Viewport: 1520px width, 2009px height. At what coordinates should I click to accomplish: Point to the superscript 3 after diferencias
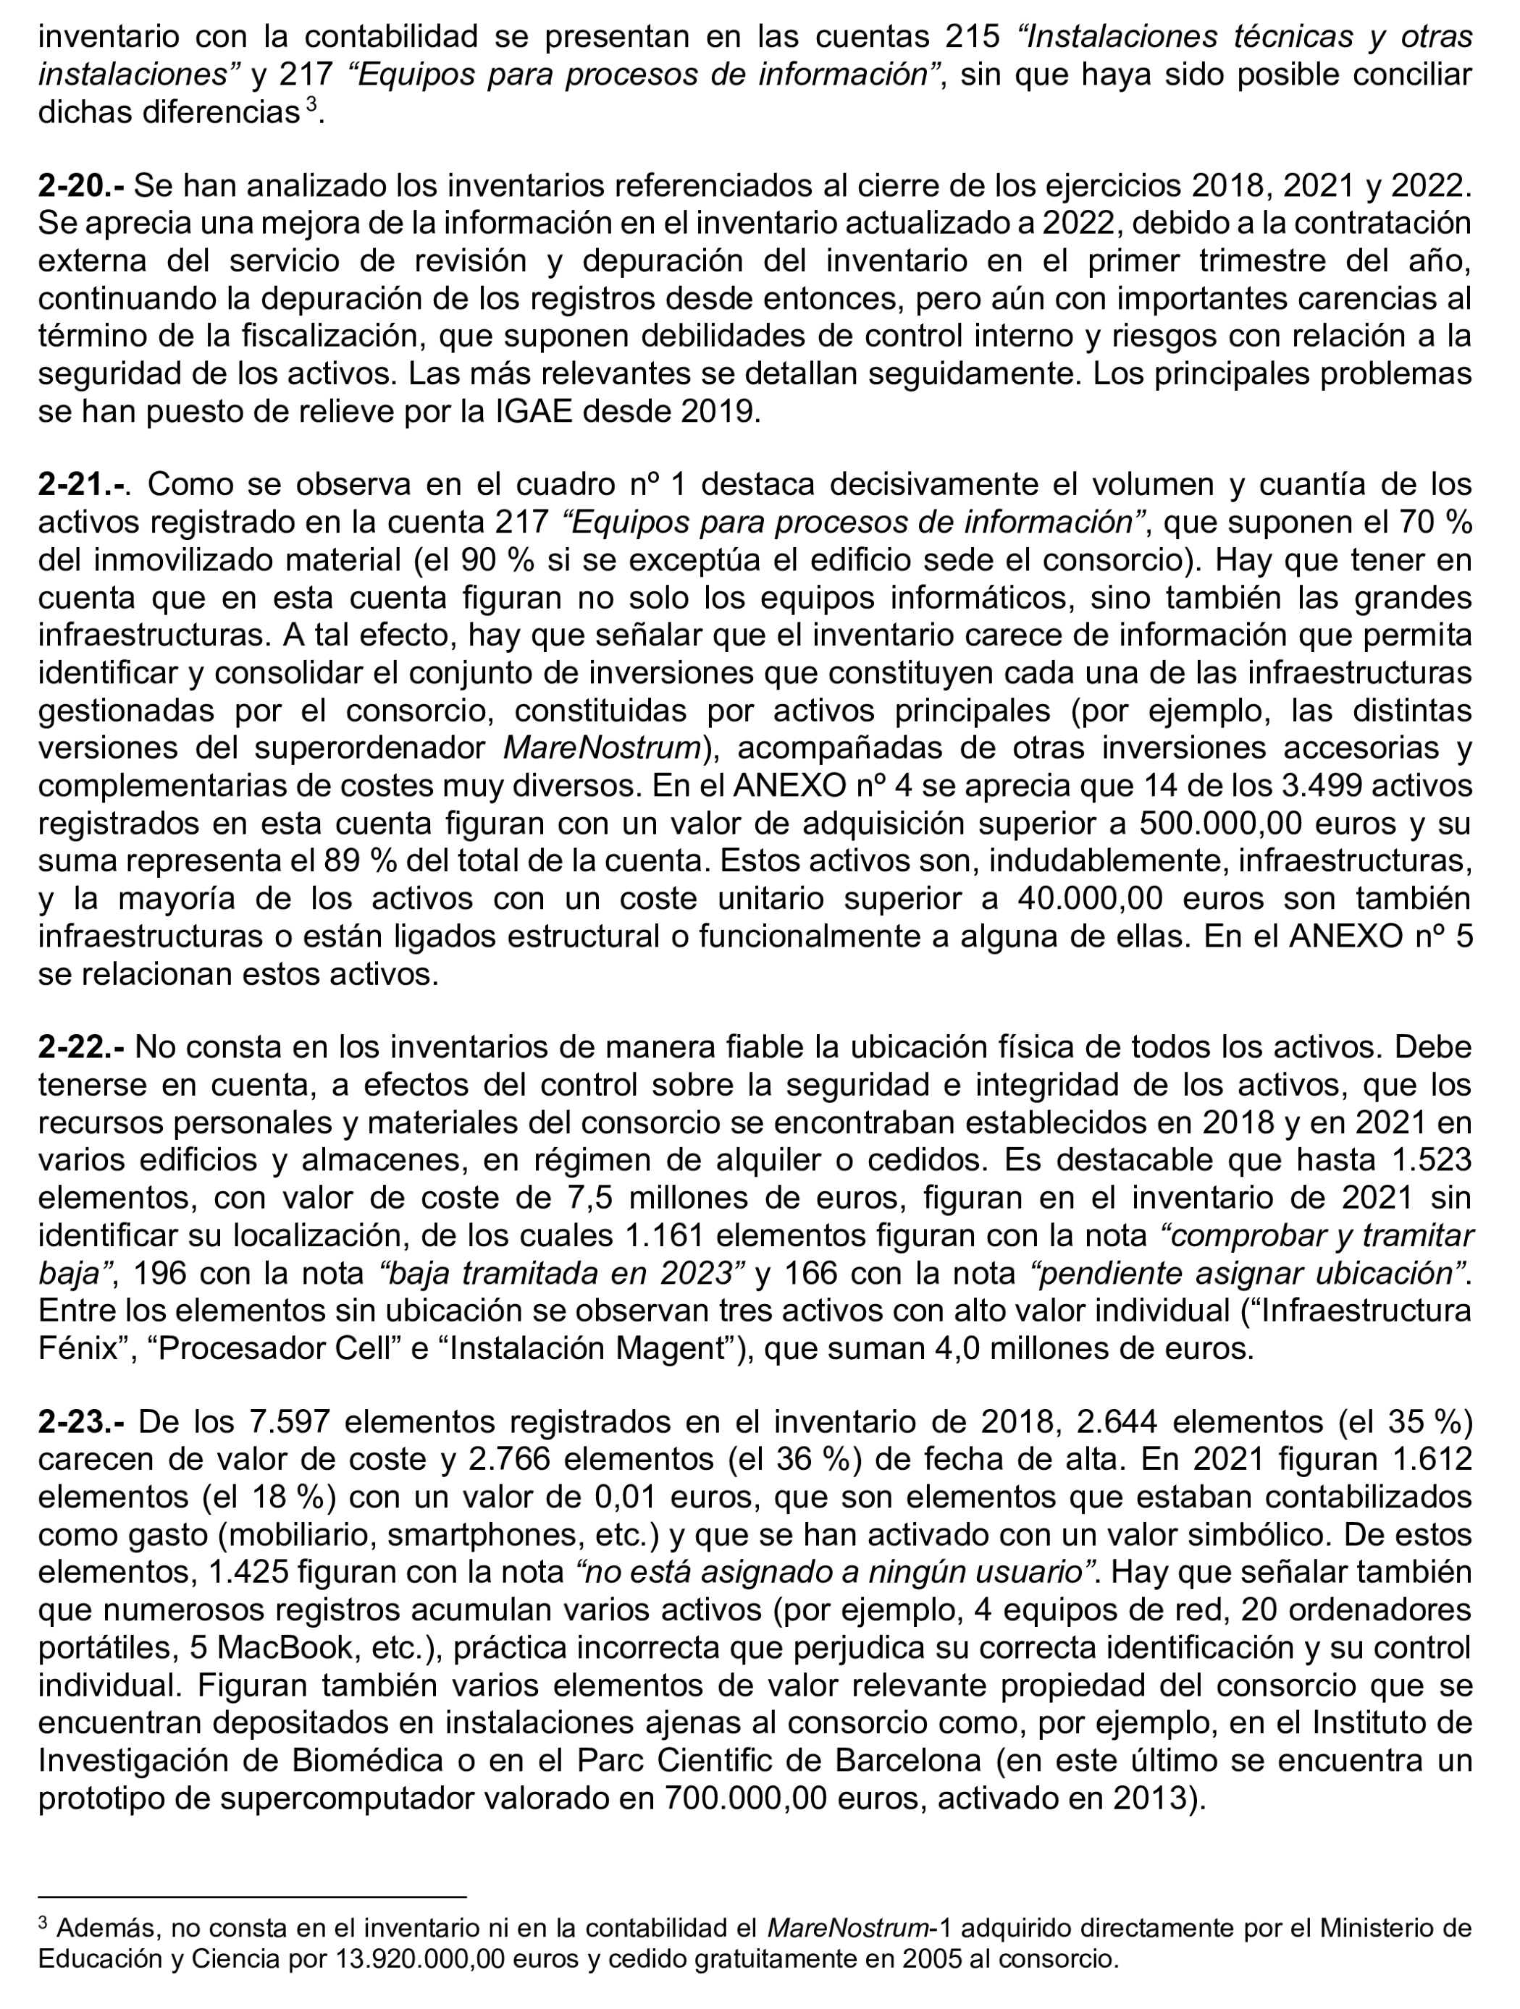[x=311, y=106]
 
